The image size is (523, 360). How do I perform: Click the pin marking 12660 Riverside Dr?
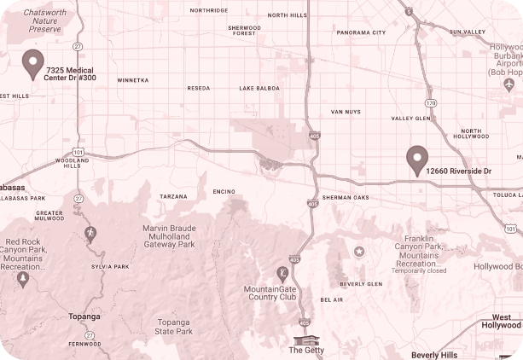point(416,159)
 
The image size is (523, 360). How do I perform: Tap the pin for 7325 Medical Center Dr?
point(33,63)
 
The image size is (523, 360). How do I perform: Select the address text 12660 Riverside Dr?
point(460,171)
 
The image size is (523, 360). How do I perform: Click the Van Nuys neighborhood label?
point(347,112)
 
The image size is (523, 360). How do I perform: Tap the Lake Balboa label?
point(259,88)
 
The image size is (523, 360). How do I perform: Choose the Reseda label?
point(198,88)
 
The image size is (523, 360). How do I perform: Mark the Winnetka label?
point(132,80)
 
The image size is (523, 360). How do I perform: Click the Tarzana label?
point(173,196)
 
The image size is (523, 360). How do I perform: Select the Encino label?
point(224,191)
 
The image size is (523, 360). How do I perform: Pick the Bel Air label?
point(331,300)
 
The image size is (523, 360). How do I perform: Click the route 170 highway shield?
point(431,102)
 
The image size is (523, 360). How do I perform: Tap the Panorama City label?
point(361,32)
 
